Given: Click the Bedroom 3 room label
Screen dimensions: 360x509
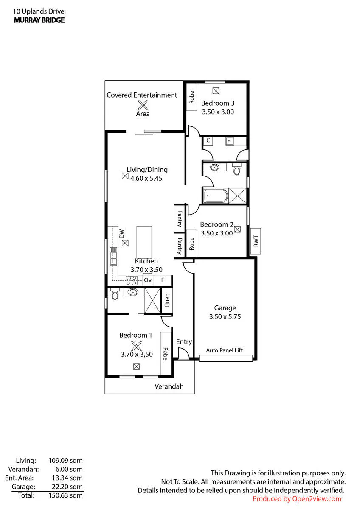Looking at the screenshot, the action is pos(218,103).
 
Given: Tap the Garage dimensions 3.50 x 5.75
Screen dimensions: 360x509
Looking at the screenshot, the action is pos(225,316).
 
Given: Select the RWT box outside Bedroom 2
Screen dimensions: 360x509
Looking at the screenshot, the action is pos(256,241).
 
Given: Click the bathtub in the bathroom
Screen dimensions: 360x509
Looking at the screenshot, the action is pos(216,196).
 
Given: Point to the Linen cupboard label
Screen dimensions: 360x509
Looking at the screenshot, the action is pos(167,300).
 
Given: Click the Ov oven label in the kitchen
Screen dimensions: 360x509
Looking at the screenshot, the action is pos(148,280).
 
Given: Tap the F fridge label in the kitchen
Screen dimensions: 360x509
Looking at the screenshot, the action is pos(163,280).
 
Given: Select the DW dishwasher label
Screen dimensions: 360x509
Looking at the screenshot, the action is pos(122,234).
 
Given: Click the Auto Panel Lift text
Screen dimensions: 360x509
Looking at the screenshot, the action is pos(224,350).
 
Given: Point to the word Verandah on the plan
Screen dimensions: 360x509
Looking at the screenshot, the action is pos(169,386).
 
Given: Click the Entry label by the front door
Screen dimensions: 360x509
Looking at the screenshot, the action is pos(184,342).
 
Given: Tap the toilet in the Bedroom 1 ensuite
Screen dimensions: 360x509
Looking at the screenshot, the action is pos(115,294).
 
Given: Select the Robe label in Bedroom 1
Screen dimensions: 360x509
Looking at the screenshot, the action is pos(165,354).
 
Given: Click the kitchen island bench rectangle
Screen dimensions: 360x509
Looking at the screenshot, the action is pos(144,242).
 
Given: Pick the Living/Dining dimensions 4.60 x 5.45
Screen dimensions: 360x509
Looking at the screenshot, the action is pos(146,179).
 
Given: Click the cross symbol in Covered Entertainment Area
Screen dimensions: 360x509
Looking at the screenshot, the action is pos(143,105).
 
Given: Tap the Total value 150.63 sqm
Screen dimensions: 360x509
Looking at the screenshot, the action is pos(65,495).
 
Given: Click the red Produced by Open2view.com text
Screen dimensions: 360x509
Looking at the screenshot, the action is pos(297,499).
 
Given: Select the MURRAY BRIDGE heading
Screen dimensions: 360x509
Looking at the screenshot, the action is pos(39,20).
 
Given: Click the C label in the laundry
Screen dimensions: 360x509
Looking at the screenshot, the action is pos(208,140).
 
